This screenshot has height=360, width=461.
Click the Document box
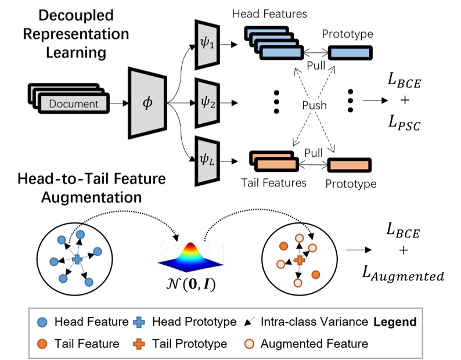74,104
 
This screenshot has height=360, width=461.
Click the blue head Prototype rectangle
350,53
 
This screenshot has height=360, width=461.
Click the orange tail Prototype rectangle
350,165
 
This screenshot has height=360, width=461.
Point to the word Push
314,106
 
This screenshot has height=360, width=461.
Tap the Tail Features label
273,183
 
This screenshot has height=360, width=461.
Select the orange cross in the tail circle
300,260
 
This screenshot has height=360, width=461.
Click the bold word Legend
394,321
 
